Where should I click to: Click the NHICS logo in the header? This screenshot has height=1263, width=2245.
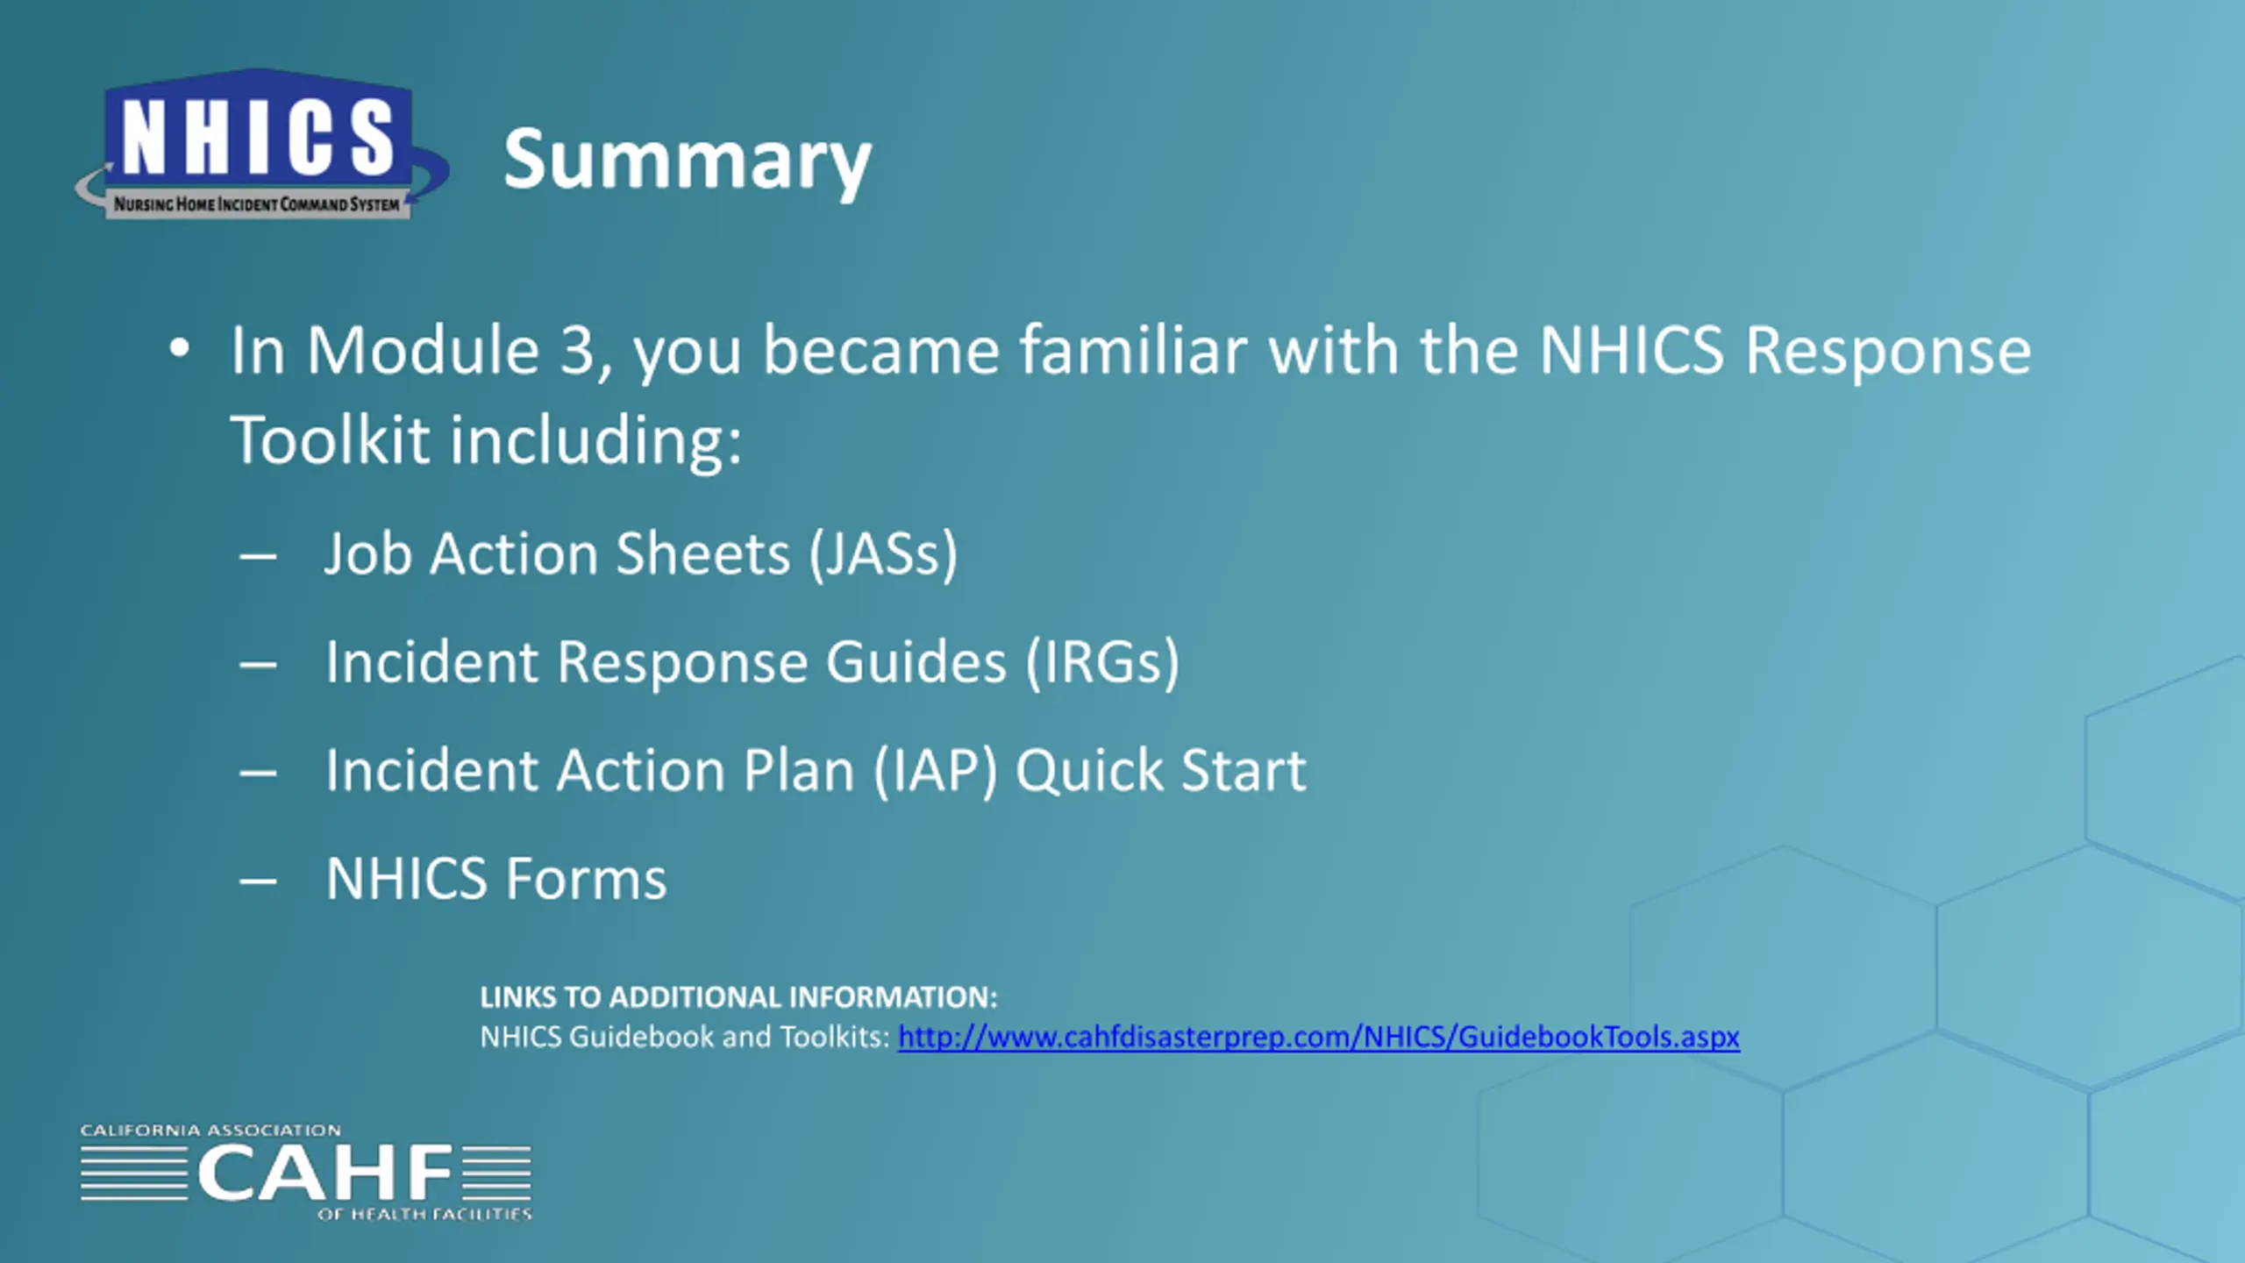click(261, 145)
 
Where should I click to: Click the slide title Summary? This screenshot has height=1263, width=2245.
click(688, 161)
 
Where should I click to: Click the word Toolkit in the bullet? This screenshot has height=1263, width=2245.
click(331, 439)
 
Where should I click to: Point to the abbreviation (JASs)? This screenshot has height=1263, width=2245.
click(882, 554)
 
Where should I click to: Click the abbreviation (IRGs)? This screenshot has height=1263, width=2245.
click(1103, 662)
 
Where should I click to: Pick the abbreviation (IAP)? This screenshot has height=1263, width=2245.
click(936, 771)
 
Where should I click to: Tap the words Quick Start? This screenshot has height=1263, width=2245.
click(1161, 771)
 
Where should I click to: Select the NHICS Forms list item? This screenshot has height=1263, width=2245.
click(496, 879)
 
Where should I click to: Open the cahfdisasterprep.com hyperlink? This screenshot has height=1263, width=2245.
click(1319, 1038)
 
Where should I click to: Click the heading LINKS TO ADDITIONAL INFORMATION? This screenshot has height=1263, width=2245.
click(738, 997)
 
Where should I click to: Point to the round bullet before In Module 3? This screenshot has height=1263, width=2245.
click(180, 349)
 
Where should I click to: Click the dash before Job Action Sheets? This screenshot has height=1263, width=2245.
click(258, 556)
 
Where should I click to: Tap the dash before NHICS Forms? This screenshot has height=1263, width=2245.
click(258, 881)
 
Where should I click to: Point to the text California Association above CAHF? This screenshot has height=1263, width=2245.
click(210, 1131)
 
